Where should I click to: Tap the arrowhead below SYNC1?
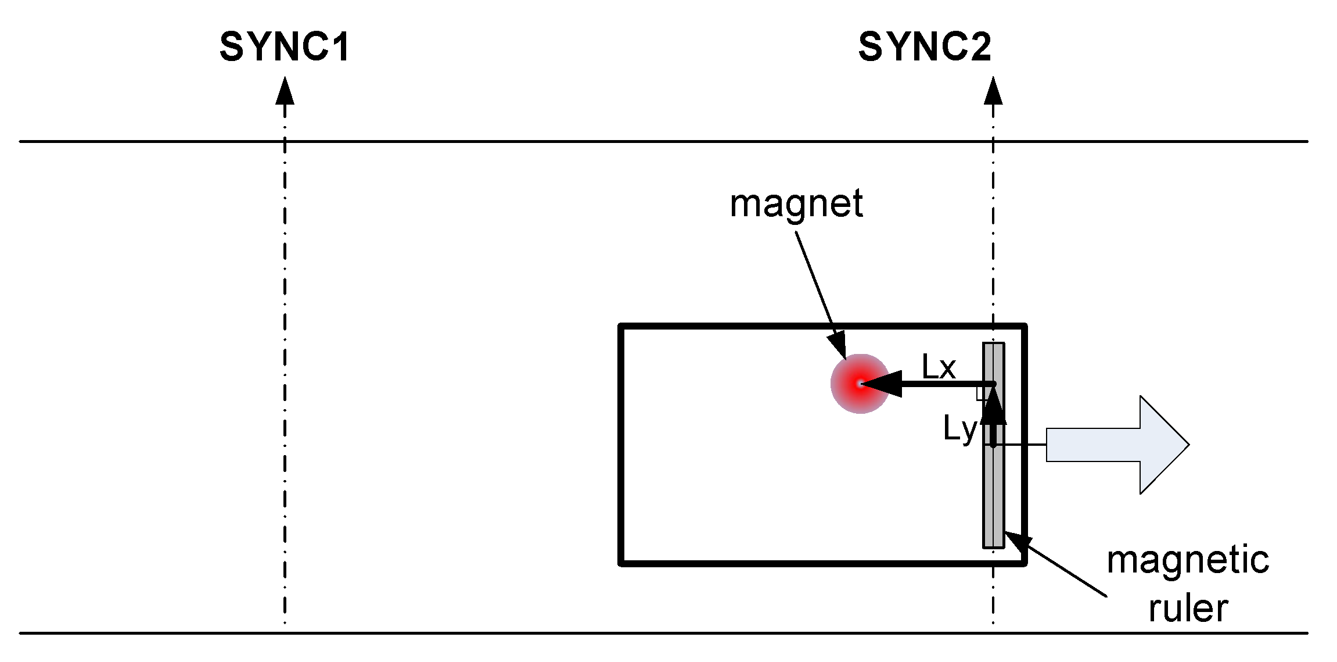(285, 91)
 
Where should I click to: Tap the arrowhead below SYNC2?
(993, 91)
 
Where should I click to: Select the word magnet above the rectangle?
(796, 205)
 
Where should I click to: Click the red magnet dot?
(860, 384)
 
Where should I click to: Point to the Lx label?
(939, 367)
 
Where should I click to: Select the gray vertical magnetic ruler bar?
(993, 494)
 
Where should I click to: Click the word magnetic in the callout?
(1188, 560)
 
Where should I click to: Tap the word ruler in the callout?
(1188, 609)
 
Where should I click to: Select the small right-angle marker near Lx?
(982, 393)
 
